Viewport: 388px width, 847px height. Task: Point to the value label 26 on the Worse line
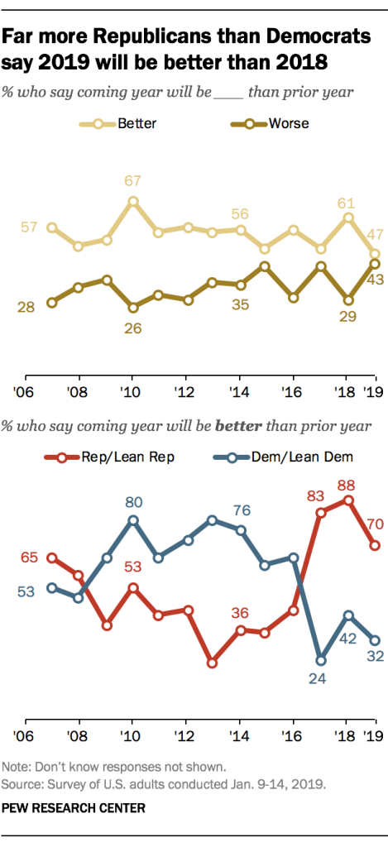click(x=132, y=328)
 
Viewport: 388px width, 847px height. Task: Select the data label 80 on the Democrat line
click(x=132, y=501)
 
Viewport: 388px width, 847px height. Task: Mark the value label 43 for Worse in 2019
click(x=375, y=282)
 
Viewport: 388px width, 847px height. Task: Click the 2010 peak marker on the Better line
click(x=132, y=201)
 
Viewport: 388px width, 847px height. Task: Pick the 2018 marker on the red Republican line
click(x=348, y=500)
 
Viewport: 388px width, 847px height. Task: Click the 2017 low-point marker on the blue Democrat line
click(x=321, y=660)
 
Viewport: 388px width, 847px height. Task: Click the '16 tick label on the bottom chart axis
click(x=293, y=735)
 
